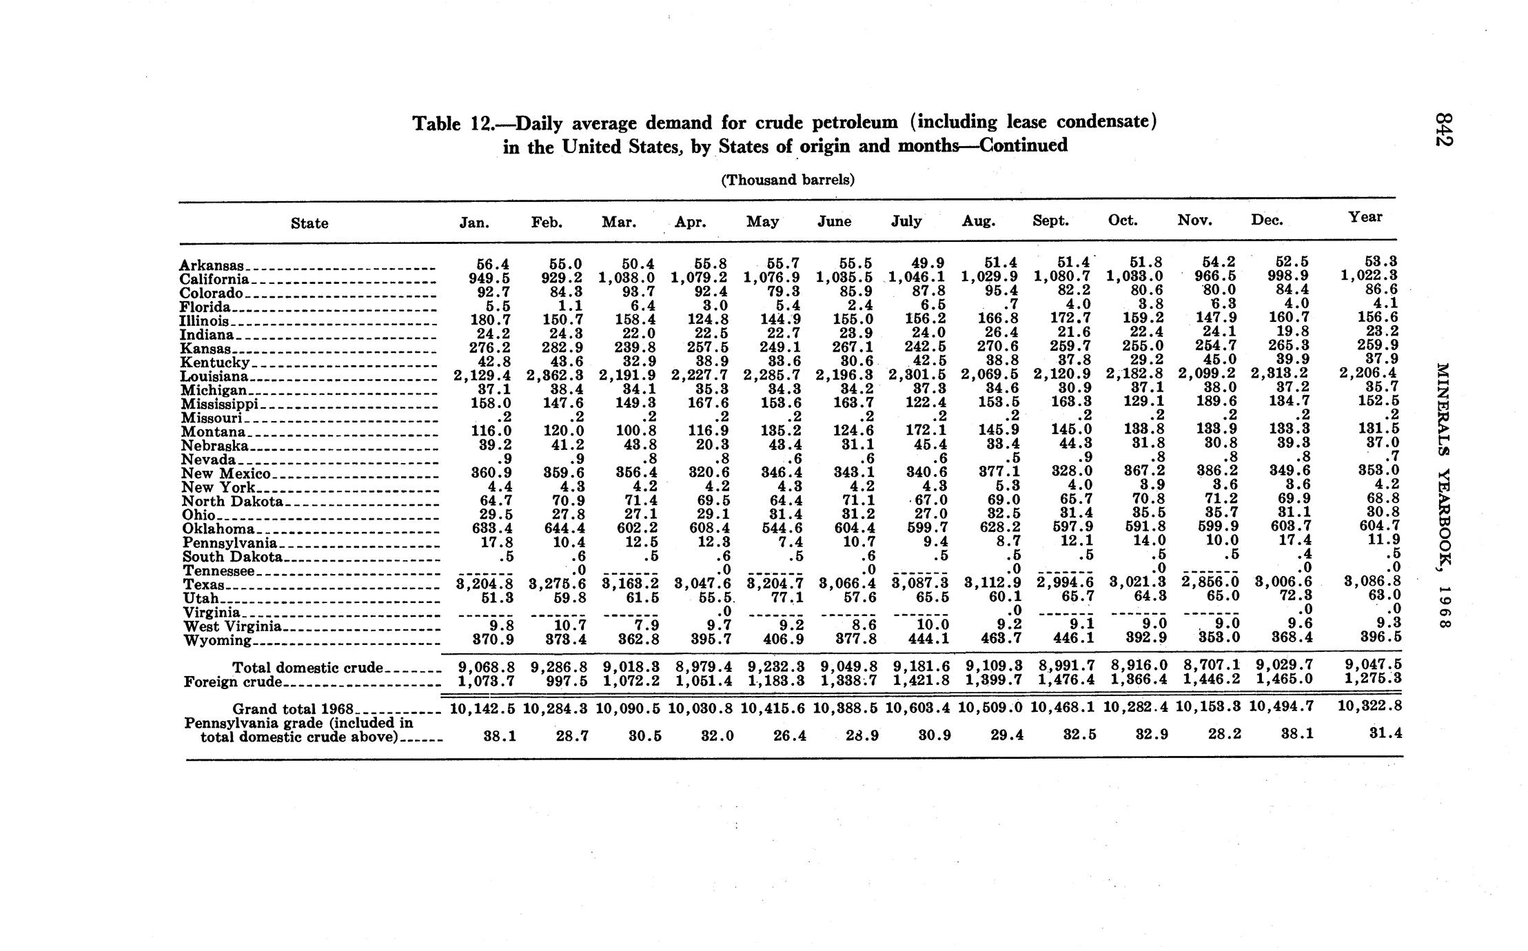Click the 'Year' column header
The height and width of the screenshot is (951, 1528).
(x=1365, y=217)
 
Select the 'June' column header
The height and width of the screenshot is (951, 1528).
(x=834, y=221)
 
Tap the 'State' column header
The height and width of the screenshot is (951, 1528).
(x=309, y=223)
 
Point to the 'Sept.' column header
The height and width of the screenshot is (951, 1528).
(x=1050, y=221)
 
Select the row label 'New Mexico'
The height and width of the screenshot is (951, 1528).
(x=226, y=473)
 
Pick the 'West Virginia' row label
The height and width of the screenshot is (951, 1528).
(x=232, y=626)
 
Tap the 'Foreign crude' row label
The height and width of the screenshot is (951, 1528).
(x=233, y=682)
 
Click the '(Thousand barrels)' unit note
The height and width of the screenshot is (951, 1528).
(x=787, y=180)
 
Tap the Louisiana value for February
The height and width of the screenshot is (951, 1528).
(x=556, y=376)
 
